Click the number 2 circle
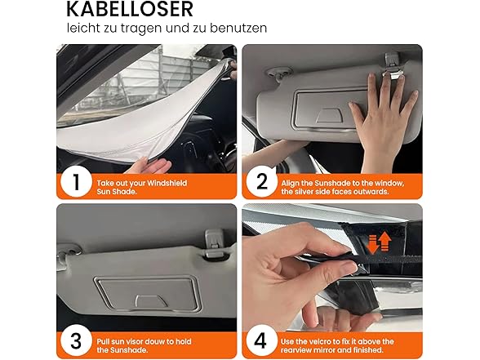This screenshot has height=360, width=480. (x=261, y=182)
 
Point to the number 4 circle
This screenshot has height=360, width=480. (x=261, y=340)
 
